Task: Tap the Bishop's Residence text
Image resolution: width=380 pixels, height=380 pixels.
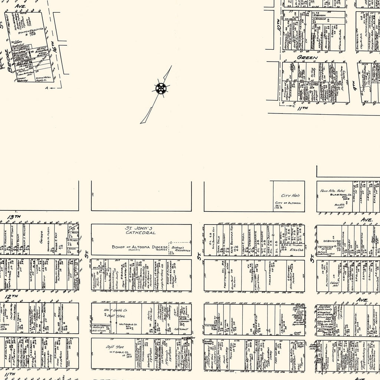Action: click(x=181, y=248)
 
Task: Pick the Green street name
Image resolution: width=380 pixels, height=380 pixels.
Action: click(x=307, y=58)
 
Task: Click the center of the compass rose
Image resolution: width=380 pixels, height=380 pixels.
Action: click(x=161, y=89)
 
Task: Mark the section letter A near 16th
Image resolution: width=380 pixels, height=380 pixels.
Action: click(x=46, y=88)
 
